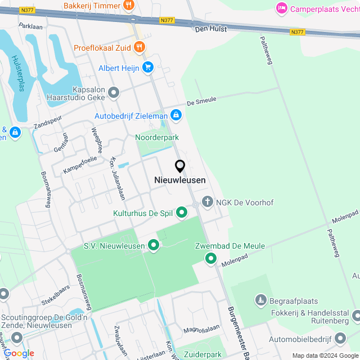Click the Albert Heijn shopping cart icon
147,68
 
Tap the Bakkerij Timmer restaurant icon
129,6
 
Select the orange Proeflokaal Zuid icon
139,47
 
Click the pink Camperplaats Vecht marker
281,8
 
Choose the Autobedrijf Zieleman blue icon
177,115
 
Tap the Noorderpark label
154,137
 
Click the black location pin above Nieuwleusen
180,166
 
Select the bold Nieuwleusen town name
180,180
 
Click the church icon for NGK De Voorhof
208,202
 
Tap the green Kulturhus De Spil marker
181,213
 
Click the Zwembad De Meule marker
211,258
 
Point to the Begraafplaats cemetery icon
260,301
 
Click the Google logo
18,353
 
